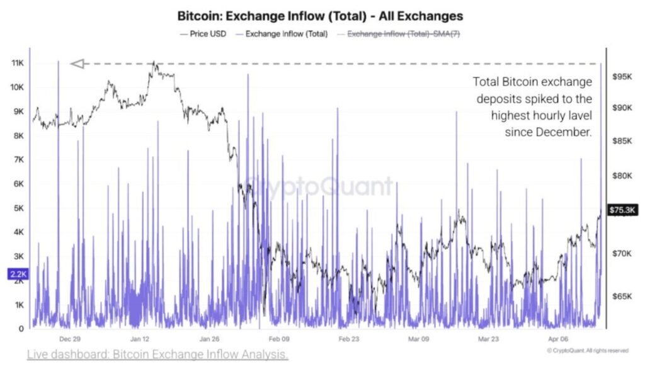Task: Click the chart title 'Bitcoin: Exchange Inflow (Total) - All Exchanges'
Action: (320, 15)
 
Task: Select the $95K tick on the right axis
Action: (622, 76)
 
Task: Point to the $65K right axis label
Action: (622, 296)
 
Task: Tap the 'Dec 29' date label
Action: (69, 338)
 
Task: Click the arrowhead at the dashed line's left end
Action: (77, 64)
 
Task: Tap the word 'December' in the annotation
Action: (564, 132)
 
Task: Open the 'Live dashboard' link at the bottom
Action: (157, 355)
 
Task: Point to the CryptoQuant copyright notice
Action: (587, 351)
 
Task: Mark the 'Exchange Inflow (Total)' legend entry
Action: (282, 34)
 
